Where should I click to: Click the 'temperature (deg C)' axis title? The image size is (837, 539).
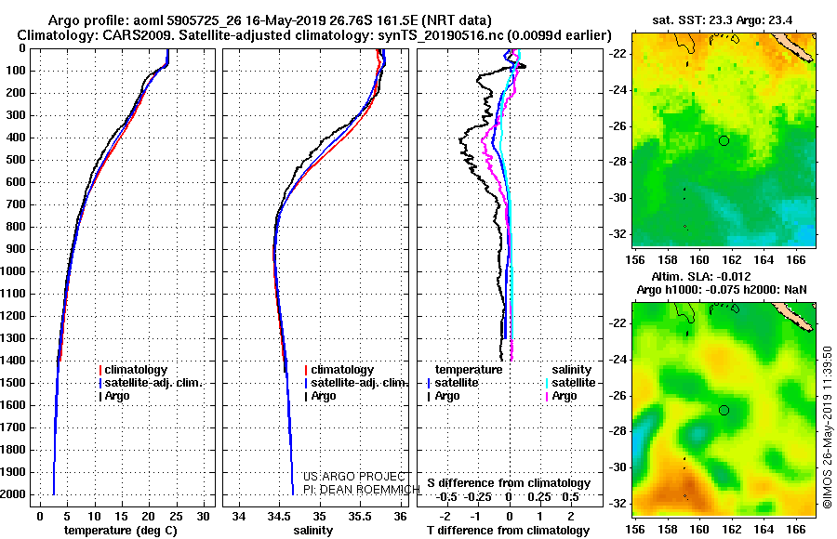point(121,531)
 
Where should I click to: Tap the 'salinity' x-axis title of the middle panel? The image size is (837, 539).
point(312,531)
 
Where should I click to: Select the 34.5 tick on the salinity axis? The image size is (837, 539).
point(279,516)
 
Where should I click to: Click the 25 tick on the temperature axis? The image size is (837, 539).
point(176,516)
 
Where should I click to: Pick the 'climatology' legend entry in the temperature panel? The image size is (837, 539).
point(133,370)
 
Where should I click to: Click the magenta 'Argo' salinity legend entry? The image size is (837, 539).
point(561,396)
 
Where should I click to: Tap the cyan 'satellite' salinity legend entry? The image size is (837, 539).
point(571,383)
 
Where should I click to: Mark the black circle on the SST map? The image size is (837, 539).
point(724,141)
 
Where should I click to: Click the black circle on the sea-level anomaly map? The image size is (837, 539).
point(724,411)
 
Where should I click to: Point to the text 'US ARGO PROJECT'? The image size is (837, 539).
point(354,477)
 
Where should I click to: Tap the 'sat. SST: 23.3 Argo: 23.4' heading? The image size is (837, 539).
point(723,20)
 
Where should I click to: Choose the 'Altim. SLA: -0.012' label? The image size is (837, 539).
point(701,277)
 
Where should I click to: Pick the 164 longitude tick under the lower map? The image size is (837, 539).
point(764,530)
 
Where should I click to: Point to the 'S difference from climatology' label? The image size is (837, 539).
point(509,483)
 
